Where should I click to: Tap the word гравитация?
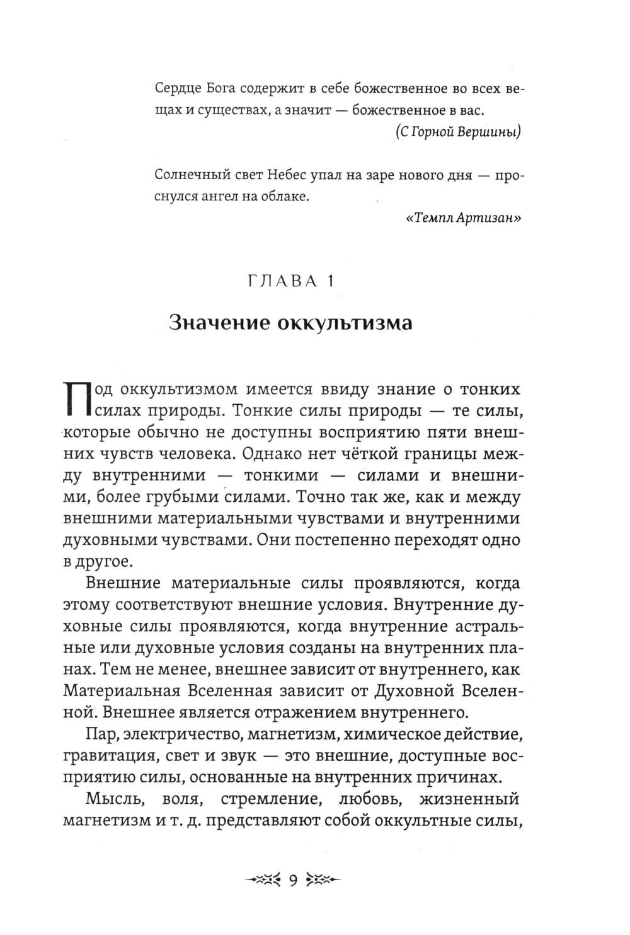[108, 756]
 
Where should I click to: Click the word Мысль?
[108, 800]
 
